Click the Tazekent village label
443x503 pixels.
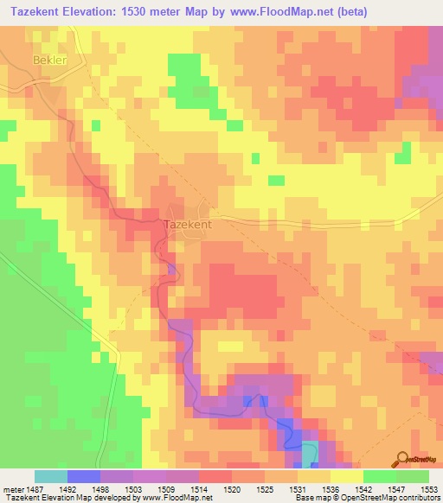[x=188, y=223]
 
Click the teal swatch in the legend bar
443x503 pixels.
[x=51, y=476]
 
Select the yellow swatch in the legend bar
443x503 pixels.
[x=346, y=476]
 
